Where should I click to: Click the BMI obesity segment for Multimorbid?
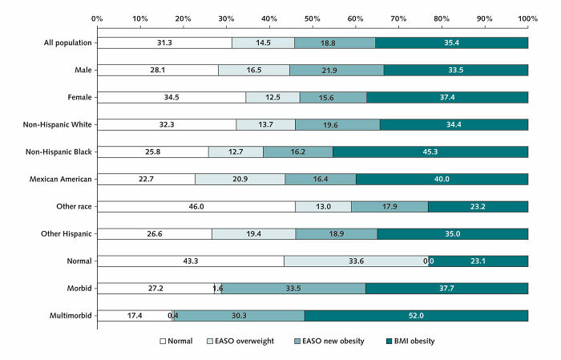coord(416,315)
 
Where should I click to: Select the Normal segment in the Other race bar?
coord(196,206)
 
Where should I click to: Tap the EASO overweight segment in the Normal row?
coord(356,261)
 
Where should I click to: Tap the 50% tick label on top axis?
coord(313,17)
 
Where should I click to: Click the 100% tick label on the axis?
coord(527,17)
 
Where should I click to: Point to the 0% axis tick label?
coord(97,17)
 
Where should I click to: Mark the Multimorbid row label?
coord(72,315)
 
